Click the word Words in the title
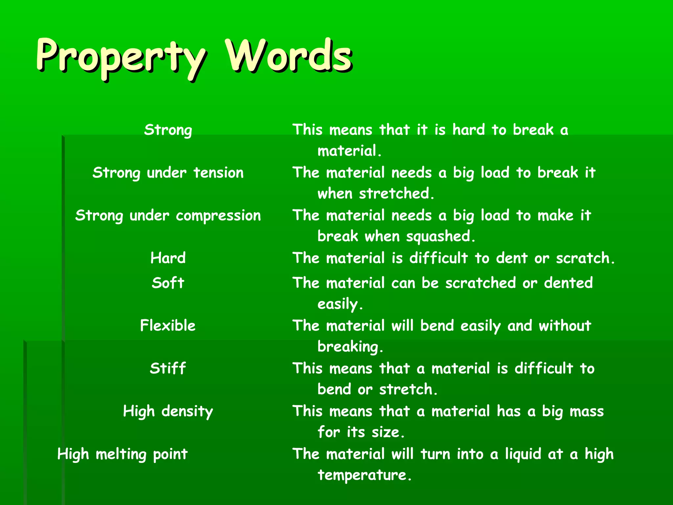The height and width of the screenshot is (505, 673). click(289, 56)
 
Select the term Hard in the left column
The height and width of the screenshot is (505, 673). click(168, 258)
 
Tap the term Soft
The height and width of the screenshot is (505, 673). click(168, 283)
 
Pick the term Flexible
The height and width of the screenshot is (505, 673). click(168, 325)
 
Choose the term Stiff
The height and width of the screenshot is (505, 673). click(168, 368)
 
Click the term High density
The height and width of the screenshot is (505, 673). click(168, 411)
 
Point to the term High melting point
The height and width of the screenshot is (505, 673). click(123, 454)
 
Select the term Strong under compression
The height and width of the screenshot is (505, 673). click(168, 216)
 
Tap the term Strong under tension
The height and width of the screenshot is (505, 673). click(168, 173)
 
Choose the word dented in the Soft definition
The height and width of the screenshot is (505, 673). click(569, 283)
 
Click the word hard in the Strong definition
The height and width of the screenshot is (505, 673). click(468, 130)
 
